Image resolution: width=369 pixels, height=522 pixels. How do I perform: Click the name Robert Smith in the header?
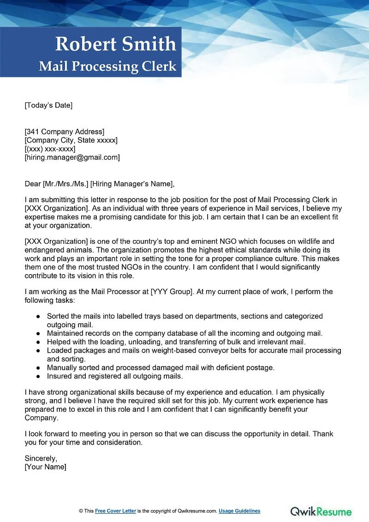click(x=115, y=44)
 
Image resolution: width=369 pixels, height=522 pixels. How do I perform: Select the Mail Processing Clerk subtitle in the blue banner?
click(x=107, y=66)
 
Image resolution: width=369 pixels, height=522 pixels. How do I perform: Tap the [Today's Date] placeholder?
click(x=48, y=105)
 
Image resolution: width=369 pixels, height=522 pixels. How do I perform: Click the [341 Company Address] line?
click(x=64, y=132)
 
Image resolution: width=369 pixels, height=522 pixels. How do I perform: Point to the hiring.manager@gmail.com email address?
click(x=72, y=157)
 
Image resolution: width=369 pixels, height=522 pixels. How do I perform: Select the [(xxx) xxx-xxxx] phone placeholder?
click(x=50, y=149)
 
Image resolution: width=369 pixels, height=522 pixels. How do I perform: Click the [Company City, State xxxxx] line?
click(x=71, y=140)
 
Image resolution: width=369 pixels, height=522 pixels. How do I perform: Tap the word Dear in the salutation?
click(x=32, y=184)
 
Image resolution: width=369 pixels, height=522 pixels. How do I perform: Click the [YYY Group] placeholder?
click(x=173, y=292)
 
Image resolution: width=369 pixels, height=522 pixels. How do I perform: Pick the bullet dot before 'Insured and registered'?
click(x=38, y=376)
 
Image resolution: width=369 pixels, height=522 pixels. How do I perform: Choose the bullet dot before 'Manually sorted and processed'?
click(x=38, y=368)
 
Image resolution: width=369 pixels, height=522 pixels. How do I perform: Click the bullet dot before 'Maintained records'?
click(x=38, y=333)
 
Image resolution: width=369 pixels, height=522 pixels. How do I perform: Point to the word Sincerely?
click(x=41, y=458)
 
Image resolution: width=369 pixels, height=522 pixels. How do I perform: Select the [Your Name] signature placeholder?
click(x=45, y=467)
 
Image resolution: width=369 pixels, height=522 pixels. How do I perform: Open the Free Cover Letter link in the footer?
click(x=115, y=511)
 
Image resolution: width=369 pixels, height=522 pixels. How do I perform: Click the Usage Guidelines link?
click(x=239, y=511)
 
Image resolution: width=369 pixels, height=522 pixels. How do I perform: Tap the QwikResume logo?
click(x=321, y=511)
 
